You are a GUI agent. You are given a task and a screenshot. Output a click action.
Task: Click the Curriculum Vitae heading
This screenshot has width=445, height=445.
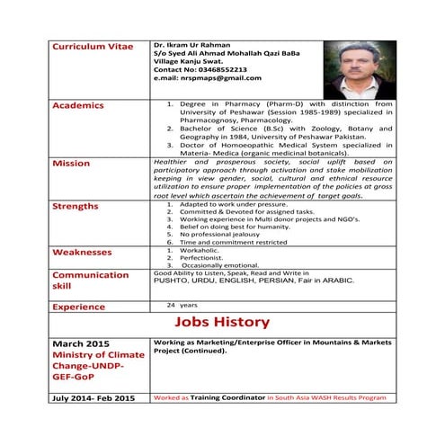92,46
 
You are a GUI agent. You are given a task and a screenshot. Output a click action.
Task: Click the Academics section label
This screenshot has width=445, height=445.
78,105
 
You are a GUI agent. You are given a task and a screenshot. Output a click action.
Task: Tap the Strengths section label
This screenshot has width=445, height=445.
76,206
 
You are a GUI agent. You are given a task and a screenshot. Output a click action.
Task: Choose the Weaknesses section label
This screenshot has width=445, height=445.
82,253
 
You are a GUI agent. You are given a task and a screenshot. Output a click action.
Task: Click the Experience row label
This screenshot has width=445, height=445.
79,307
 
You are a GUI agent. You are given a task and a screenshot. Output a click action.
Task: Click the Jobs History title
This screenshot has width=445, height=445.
222,322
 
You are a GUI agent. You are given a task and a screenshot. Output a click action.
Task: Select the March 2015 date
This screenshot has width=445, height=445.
81,344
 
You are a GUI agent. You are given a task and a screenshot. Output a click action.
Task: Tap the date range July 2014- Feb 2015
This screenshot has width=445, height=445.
93,397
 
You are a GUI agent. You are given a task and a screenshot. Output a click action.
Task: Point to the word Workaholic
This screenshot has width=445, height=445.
199,249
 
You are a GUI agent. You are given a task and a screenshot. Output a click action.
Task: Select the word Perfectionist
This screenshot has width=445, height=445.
200,257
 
